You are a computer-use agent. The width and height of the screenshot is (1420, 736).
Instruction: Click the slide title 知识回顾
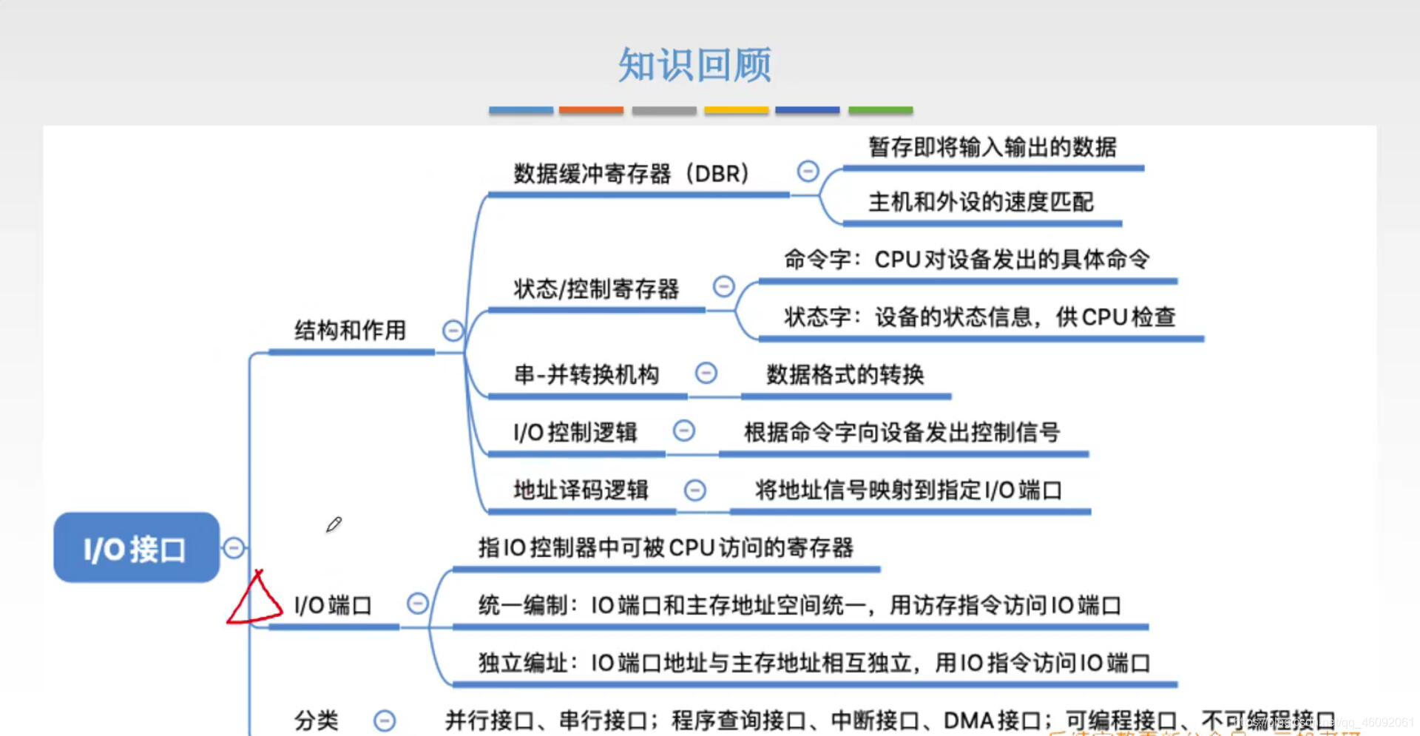tap(694, 65)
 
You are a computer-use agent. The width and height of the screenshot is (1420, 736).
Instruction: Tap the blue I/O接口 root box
tap(136, 548)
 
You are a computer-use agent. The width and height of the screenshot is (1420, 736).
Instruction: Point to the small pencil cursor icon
tap(334, 524)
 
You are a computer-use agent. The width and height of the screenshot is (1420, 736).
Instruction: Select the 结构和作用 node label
tap(350, 330)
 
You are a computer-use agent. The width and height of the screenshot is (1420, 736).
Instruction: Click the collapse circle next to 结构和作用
tap(453, 331)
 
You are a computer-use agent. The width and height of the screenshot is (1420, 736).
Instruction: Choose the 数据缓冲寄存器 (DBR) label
tap(631, 174)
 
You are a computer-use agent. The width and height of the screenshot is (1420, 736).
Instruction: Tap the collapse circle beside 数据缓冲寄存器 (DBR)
tap(808, 172)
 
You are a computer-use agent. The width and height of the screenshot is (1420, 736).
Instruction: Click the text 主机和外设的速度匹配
tap(980, 202)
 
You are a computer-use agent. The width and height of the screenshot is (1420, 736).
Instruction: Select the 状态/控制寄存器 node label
tap(596, 288)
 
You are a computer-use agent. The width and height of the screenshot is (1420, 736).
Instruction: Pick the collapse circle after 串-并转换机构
tap(706, 373)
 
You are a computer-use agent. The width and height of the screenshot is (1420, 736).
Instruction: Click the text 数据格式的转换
tap(845, 374)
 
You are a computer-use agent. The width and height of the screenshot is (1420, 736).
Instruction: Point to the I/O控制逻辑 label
tap(575, 432)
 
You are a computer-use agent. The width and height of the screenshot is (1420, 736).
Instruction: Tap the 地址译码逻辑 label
tap(581, 490)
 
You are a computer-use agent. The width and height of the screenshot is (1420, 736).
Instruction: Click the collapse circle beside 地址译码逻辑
tap(695, 490)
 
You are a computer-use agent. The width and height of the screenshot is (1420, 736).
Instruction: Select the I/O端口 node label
tap(332, 606)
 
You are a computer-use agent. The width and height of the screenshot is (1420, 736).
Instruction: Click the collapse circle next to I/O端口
tap(418, 604)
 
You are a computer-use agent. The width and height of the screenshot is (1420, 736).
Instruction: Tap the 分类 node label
tap(317, 720)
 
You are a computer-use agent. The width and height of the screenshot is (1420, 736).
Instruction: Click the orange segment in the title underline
tap(591, 110)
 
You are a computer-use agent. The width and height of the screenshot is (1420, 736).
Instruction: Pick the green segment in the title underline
tap(880, 110)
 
